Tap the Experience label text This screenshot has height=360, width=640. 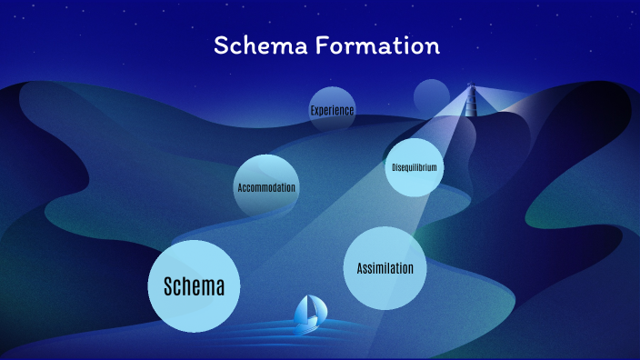point(332,111)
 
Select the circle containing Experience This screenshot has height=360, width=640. point(332,98)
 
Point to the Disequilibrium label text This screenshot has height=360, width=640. point(415,168)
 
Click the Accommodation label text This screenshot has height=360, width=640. point(266,188)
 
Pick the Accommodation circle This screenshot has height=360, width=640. point(266,173)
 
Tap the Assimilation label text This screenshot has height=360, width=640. point(385,269)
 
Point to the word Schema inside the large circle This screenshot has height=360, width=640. point(194,287)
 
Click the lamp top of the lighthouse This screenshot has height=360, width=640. point(471,88)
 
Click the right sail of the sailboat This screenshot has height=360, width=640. point(315,308)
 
